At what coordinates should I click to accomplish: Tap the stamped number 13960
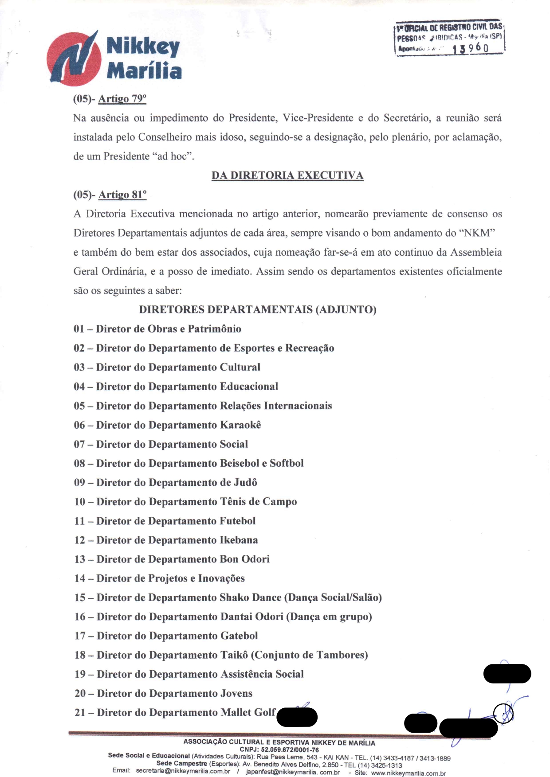470,48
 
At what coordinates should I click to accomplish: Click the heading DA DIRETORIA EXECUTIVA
287,176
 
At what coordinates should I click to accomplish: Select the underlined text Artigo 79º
122,99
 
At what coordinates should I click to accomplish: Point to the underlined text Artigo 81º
122,195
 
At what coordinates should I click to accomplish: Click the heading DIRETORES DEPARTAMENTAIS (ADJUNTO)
258,309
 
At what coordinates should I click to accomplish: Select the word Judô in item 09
245,483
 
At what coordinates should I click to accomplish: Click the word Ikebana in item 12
239,540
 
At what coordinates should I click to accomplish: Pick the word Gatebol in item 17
239,636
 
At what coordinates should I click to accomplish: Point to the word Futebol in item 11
238,521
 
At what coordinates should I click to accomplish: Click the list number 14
80,578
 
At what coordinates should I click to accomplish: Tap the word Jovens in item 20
236,694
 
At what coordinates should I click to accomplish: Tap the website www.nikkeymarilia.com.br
408,773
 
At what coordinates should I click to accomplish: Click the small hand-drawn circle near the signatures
503,714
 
